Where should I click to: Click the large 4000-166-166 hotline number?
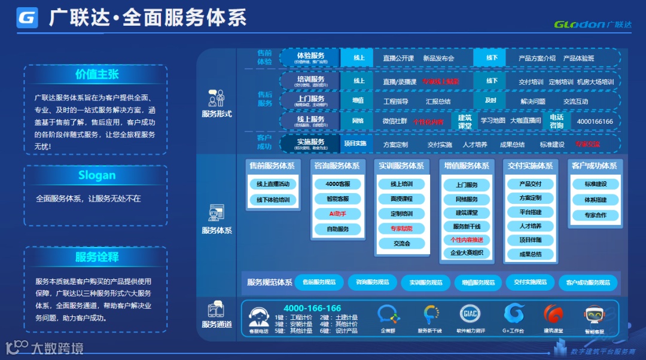click(312, 308)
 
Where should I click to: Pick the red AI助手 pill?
click(337, 213)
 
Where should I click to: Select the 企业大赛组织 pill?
click(467, 253)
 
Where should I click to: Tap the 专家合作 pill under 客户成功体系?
click(595, 215)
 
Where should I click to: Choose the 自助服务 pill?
click(337, 229)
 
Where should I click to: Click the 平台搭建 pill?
click(530, 212)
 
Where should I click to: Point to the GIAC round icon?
click(470, 313)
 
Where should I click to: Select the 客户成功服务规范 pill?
click(588, 282)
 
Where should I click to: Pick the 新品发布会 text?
click(438, 58)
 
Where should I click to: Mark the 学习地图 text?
click(493, 121)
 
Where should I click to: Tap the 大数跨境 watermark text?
click(57, 347)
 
